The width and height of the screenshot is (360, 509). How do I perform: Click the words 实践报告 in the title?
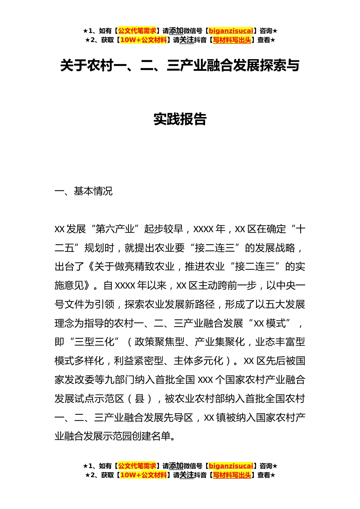pyautogui.click(x=180, y=119)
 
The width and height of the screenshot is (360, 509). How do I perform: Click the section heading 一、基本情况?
pyautogui.click(x=84, y=191)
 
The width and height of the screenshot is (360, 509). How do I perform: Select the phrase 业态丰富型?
pyautogui.click(x=280, y=342)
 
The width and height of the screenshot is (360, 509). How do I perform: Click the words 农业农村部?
pyautogui.click(x=200, y=399)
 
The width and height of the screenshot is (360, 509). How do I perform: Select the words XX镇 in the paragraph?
pyautogui.click(x=215, y=418)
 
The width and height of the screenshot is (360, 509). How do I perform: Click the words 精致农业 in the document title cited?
pyautogui.click(x=154, y=267)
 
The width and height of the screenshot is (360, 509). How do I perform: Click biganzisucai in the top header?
pyautogui.click(x=231, y=31)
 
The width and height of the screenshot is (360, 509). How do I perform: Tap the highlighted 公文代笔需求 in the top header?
pyautogui.click(x=137, y=31)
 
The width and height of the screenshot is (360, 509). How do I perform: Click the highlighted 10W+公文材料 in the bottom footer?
pyautogui.click(x=143, y=475)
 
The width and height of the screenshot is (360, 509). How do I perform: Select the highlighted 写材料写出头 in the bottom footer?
pyautogui.click(x=232, y=475)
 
